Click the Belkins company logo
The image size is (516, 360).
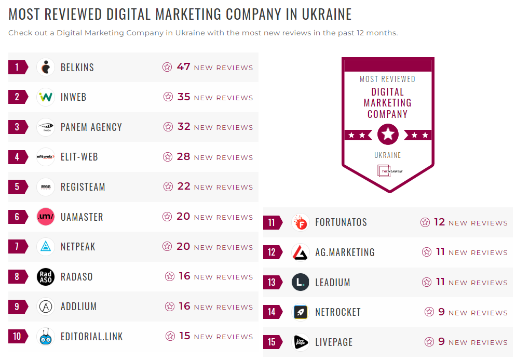46,68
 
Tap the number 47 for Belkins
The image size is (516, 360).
183,67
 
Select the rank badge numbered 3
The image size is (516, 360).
17,127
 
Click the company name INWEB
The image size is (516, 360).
73,97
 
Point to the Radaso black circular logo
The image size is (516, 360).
46,277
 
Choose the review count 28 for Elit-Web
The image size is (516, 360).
183,157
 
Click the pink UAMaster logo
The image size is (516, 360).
46,217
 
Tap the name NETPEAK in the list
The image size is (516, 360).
78,247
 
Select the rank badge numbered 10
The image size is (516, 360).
17,337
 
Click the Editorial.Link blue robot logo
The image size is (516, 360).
46,337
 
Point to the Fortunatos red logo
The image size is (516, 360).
301,223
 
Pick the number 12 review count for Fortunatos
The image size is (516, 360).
439,222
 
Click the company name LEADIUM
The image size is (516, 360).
332,283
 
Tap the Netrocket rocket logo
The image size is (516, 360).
301,312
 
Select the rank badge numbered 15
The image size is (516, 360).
272,342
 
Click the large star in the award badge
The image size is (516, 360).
388,135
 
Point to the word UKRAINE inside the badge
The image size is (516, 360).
388,155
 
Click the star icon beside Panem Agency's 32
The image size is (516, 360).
168,127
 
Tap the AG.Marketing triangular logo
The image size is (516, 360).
301,252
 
